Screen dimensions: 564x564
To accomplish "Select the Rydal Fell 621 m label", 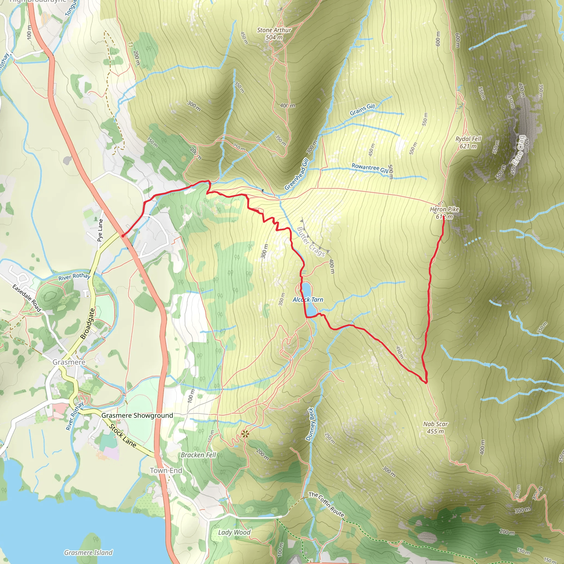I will tap(468, 142).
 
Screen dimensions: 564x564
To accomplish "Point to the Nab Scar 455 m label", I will tap(435, 427).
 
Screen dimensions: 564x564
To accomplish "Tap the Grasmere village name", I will tap(69, 362).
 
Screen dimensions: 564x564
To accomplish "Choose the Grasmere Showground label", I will tap(137, 415).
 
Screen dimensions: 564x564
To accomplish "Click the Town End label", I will tap(166, 470).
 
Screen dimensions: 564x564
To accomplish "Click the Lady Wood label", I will tap(234, 532).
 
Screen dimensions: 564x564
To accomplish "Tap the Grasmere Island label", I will tap(88, 552).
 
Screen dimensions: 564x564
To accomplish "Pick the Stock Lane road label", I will tap(123, 436).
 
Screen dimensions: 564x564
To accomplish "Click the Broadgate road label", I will tap(88, 324).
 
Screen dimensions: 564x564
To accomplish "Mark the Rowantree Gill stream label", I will tap(370, 168).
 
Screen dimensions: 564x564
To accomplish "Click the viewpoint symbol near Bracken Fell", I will tap(245, 434).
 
